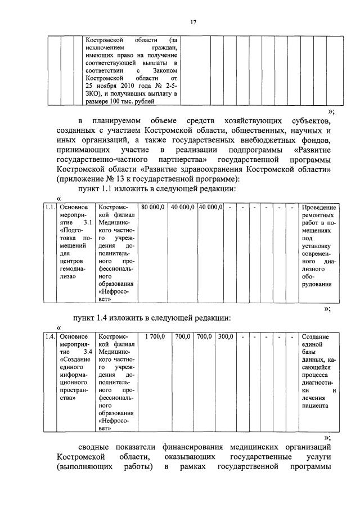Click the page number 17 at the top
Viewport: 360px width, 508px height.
point(192,22)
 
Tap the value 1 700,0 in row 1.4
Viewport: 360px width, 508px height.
point(155,336)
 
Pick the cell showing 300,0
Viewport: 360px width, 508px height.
point(225,336)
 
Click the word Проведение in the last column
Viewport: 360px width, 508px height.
point(318,208)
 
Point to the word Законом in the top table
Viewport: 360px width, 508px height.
point(166,69)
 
